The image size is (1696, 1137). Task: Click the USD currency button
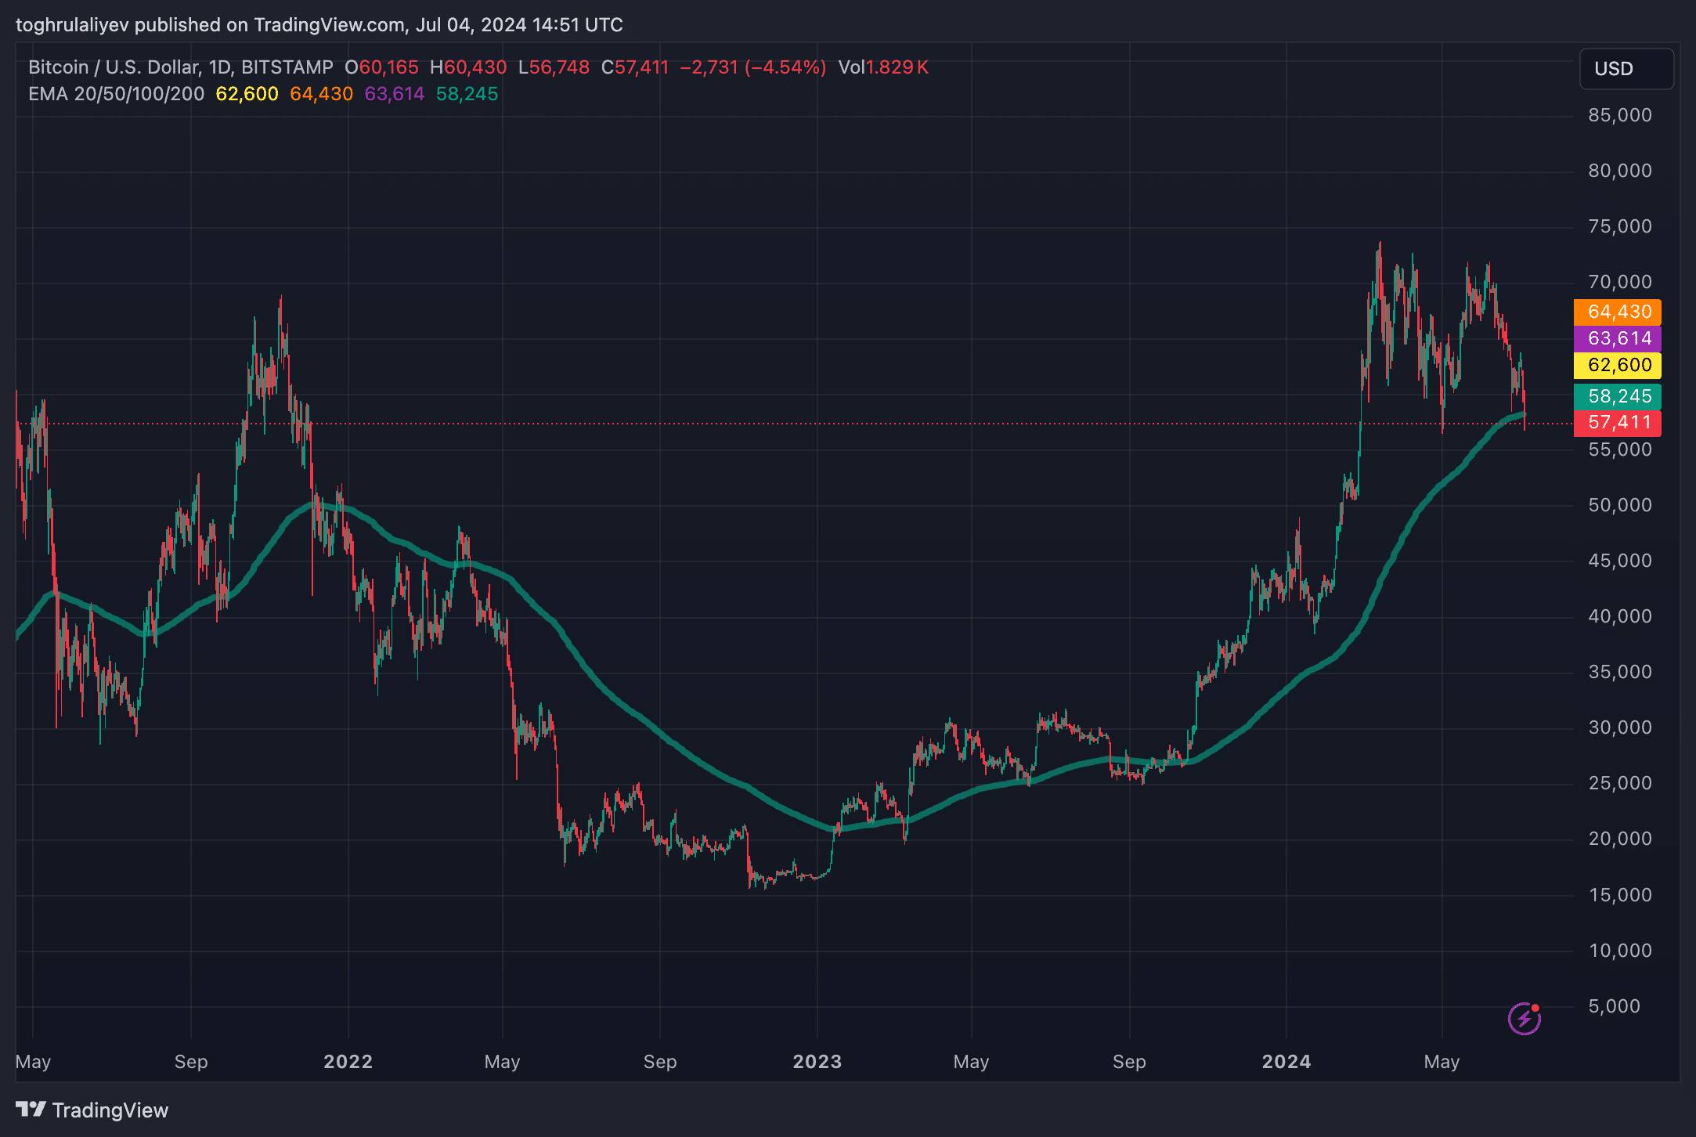[1626, 69]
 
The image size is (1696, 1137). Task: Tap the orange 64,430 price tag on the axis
[1618, 312]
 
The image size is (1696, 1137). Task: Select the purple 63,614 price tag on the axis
[1618, 338]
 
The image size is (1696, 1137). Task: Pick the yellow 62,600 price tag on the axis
[1618, 365]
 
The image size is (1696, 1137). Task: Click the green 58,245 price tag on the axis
[1618, 396]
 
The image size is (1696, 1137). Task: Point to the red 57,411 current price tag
[1618, 423]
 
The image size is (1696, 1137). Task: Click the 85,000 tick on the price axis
[1619, 115]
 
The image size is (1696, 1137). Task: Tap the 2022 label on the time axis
[348, 1062]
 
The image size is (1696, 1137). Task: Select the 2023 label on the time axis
[817, 1062]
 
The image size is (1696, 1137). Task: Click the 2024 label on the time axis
[1286, 1062]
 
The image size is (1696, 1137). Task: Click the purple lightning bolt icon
[1524, 1019]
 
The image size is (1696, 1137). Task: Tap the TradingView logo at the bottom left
[92, 1110]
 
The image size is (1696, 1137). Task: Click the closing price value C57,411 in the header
[635, 67]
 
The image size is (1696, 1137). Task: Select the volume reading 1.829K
[897, 67]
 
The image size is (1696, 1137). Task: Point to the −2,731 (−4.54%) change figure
[753, 67]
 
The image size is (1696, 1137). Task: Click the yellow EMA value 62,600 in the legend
[247, 94]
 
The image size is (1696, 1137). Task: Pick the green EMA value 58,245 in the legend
[467, 94]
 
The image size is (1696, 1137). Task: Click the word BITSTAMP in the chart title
[287, 67]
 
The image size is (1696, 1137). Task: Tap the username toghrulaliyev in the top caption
[72, 25]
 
